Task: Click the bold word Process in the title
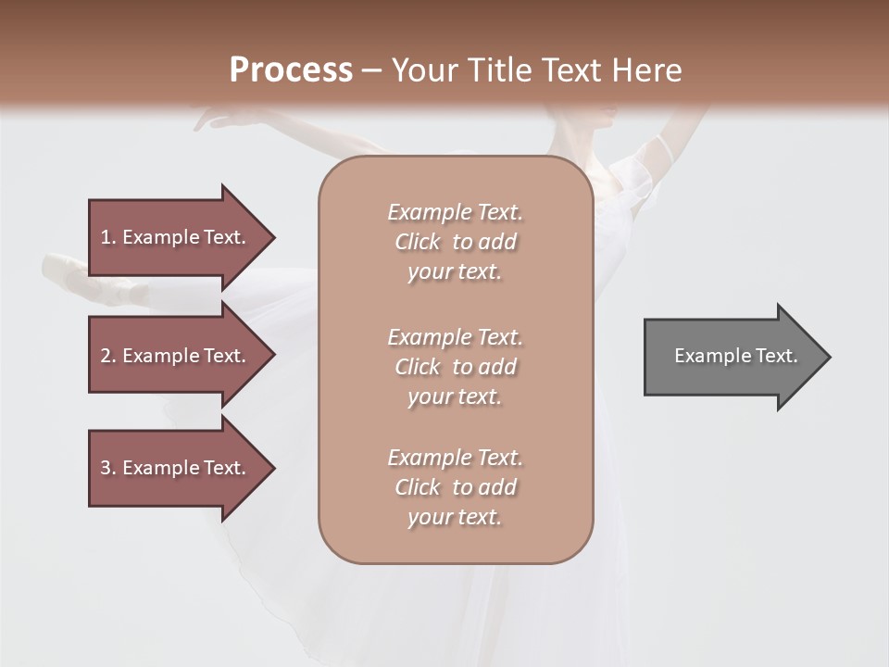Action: (291, 70)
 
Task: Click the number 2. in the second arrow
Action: (108, 356)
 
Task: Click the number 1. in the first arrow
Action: (108, 237)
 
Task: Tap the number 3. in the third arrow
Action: (108, 468)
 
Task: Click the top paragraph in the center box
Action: (455, 242)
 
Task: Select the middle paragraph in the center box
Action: (455, 367)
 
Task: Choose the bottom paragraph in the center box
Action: (455, 487)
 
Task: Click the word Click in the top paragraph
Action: (418, 242)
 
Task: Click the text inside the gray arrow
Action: (735, 356)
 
